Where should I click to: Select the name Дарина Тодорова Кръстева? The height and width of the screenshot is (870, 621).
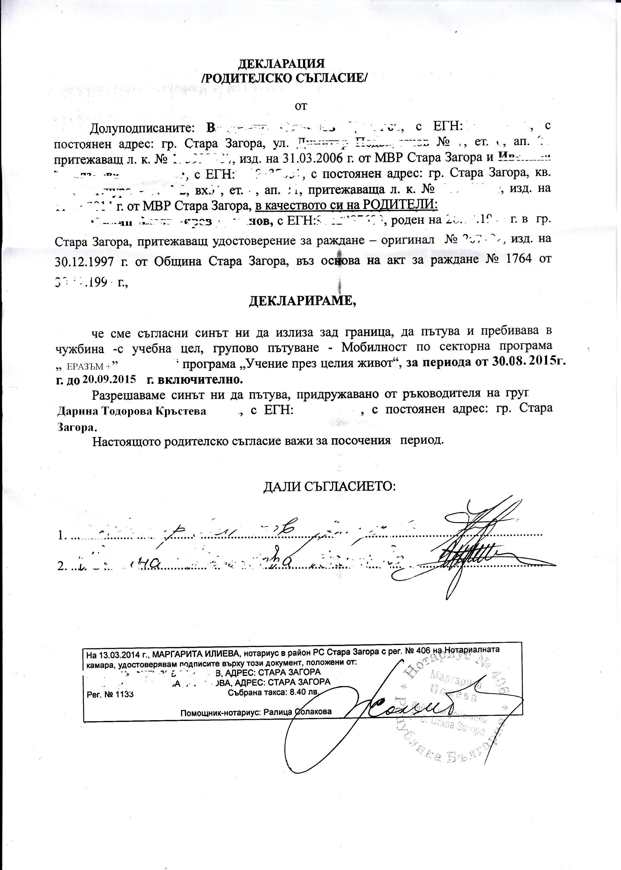132,411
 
